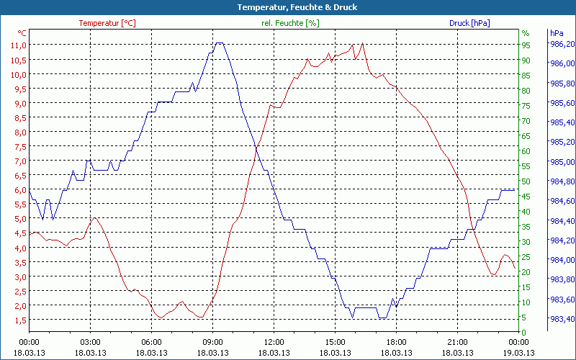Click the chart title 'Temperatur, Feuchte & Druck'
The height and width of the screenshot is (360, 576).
pyautogui.click(x=287, y=7)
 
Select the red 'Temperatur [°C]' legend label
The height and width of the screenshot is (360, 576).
pyautogui.click(x=107, y=23)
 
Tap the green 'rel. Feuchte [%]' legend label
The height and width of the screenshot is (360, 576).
pyautogui.click(x=290, y=23)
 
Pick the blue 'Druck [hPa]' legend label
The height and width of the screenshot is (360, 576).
pyautogui.click(x=469, y=23)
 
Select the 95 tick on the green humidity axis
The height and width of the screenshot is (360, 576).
pyautogui.click(x=526, y=45)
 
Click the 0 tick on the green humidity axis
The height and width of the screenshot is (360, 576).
pyautogui.click(x=524, y=333)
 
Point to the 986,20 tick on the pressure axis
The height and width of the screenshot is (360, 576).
pyautogui.click(x=562, y=45)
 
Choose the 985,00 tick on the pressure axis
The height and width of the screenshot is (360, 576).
pyautogui.click(x=562, y=162)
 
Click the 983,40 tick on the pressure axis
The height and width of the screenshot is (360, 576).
pyautogui.click(x=562, y=319)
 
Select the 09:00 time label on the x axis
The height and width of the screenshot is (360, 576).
pyautogui.click(x=212, y=342)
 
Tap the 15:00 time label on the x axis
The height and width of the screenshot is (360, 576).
pyautogui.click(x=335, y=342)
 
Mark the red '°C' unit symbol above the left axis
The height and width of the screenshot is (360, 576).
pyautogui.click(x=22, y=33)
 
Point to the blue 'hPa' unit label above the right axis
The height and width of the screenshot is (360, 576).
pyautogui.click(x=556, y=33)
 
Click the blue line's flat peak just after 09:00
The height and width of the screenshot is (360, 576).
pyautogui.click(x=219, y=43)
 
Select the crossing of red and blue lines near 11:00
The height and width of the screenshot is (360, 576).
pyautogui.click(x=256, y=148)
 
